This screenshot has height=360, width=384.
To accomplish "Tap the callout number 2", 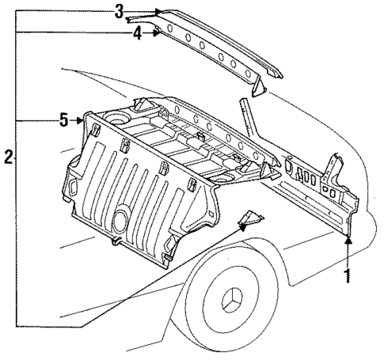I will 6,158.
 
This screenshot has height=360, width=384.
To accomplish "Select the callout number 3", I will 119,11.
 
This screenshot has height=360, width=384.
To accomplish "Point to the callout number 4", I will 137,34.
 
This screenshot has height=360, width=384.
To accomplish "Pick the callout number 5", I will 63,120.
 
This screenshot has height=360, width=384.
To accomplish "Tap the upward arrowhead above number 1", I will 348,238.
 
